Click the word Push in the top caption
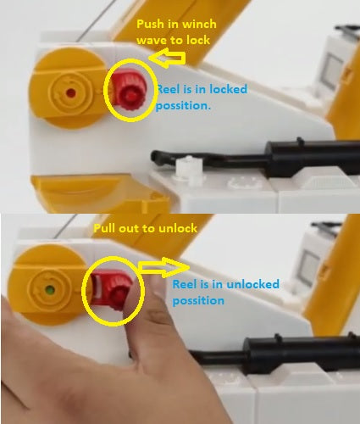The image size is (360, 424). [x=152, y=24]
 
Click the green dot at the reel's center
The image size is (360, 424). [x=51, y=289]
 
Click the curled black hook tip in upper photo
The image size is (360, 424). [x=160, y=158]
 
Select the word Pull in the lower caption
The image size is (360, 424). [x=107, y=229]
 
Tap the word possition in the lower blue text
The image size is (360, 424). [x=198, y=300]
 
